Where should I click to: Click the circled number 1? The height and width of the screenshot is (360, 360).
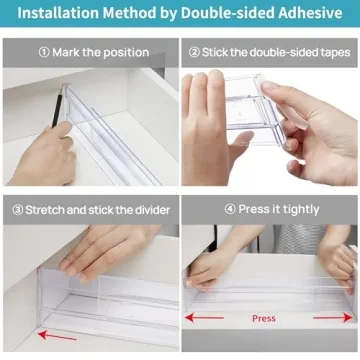click(x=44, y=52)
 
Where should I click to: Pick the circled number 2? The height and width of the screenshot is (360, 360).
click(x=195, y=52)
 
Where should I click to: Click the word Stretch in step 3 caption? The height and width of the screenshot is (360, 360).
click(x=48, y=210)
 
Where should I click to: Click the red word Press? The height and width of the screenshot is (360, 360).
click(x=264, y=319)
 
